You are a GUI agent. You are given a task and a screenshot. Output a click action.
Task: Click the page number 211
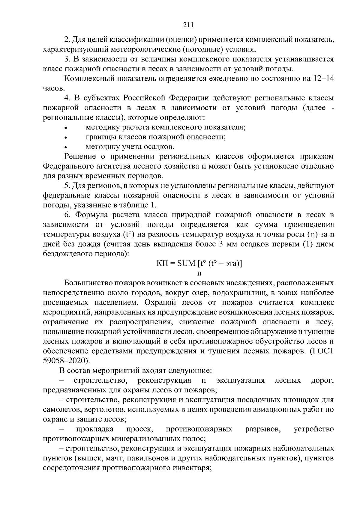[188, 25]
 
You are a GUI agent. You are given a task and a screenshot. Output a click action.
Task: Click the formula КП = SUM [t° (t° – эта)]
[199, 263]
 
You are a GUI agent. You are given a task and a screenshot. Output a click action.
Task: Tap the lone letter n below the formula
[199, 273]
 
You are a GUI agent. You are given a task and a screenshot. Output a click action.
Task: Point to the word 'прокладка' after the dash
[95, 429]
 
